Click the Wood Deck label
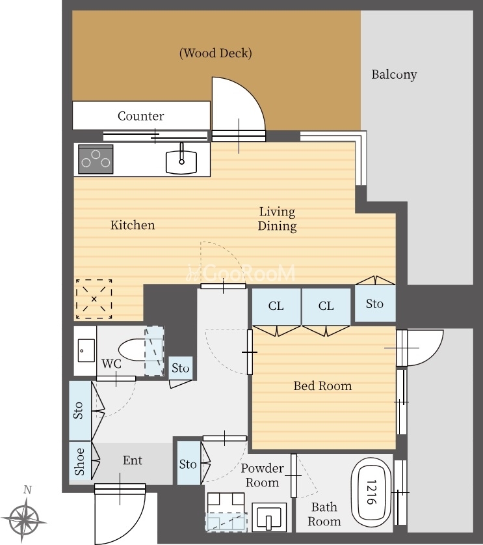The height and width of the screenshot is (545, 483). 215,53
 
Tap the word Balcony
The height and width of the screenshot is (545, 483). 394,74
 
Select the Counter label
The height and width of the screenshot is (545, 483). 140,116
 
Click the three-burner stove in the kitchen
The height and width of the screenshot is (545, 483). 96,159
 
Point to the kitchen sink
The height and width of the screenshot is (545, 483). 181,161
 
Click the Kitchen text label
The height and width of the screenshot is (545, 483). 133,225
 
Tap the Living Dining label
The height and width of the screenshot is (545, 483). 277,219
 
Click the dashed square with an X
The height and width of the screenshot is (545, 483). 94,299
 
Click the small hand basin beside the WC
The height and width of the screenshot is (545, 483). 86,350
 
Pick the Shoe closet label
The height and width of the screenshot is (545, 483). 79,461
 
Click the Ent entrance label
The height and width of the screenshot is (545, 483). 133,460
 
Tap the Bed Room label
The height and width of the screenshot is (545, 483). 322,386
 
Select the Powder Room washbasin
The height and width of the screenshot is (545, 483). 269,517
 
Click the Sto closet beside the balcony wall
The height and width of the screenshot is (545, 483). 375,303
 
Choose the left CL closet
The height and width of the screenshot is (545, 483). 276,307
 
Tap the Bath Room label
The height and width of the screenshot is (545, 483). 324,514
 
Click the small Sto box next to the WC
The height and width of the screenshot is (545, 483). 181,368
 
